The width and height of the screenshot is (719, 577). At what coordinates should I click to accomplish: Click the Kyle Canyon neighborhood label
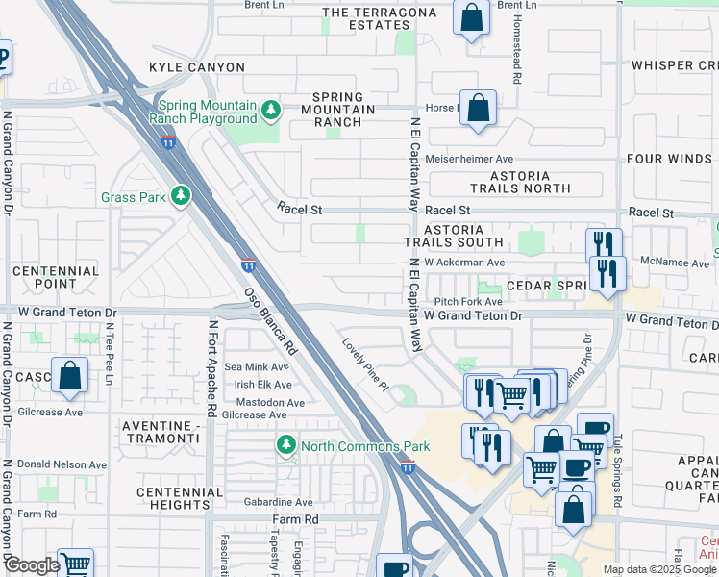(196, 67)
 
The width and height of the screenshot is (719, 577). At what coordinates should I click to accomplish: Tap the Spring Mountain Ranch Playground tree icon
(272, 110)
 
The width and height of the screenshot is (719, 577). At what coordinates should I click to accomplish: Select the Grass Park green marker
(180, 196)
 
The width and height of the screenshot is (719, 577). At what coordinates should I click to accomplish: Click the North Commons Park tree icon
(285, 445)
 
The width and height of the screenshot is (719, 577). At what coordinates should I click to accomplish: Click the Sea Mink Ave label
(256, 366)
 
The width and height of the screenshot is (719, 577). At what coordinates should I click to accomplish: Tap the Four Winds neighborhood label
(668, 159)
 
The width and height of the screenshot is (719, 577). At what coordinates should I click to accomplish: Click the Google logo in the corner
(32, 565)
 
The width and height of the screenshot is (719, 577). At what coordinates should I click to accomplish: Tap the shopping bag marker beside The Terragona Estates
(471, 16)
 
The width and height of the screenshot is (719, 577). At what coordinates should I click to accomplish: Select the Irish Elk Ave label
(257, 385)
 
